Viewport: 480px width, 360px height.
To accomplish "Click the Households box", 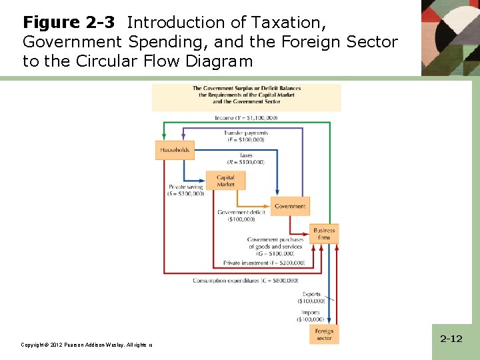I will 175,150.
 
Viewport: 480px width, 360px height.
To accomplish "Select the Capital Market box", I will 225,181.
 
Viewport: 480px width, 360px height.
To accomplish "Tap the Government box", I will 290,206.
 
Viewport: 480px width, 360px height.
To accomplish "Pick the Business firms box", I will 324,233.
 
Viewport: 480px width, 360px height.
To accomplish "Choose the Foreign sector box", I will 324,334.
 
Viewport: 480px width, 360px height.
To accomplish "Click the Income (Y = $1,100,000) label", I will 246,118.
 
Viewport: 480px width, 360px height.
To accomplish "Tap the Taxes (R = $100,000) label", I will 246,159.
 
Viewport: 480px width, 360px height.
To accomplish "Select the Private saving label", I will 186,191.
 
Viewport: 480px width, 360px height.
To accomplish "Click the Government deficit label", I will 241,215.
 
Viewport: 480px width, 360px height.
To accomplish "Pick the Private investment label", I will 264,263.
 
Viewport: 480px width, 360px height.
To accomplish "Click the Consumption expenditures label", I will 245,281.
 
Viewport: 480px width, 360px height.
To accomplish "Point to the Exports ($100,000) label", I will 311,297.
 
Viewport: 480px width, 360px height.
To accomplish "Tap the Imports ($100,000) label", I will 310,315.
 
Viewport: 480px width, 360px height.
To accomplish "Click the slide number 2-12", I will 451,339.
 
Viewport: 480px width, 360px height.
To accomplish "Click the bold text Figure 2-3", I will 70,23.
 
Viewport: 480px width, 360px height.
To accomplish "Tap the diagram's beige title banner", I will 247,97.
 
